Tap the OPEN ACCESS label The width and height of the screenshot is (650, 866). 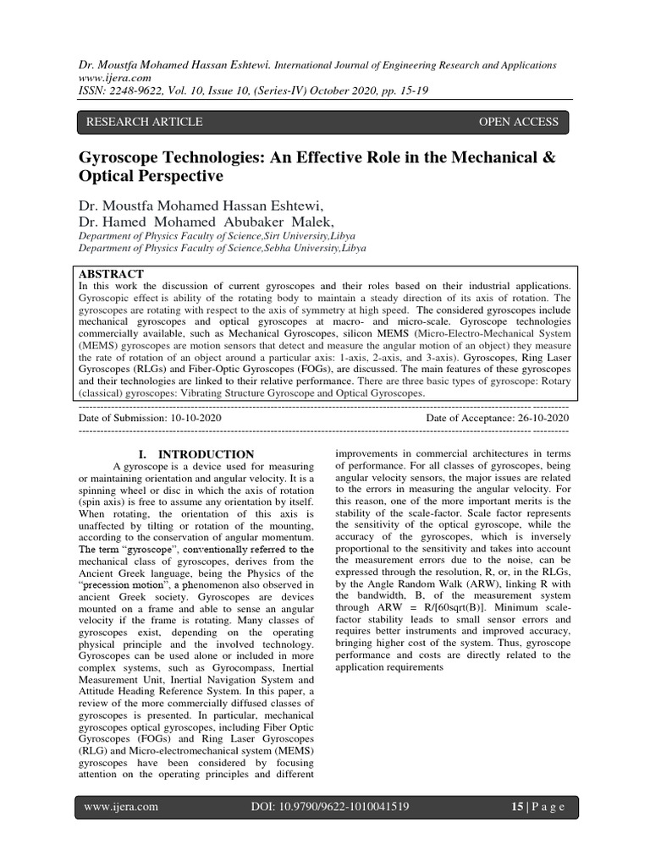[519, 122]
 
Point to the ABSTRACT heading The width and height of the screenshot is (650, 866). [111, 275]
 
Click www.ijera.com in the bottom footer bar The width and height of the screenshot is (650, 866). [121, 807]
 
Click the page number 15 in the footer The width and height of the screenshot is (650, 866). [517, 807]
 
